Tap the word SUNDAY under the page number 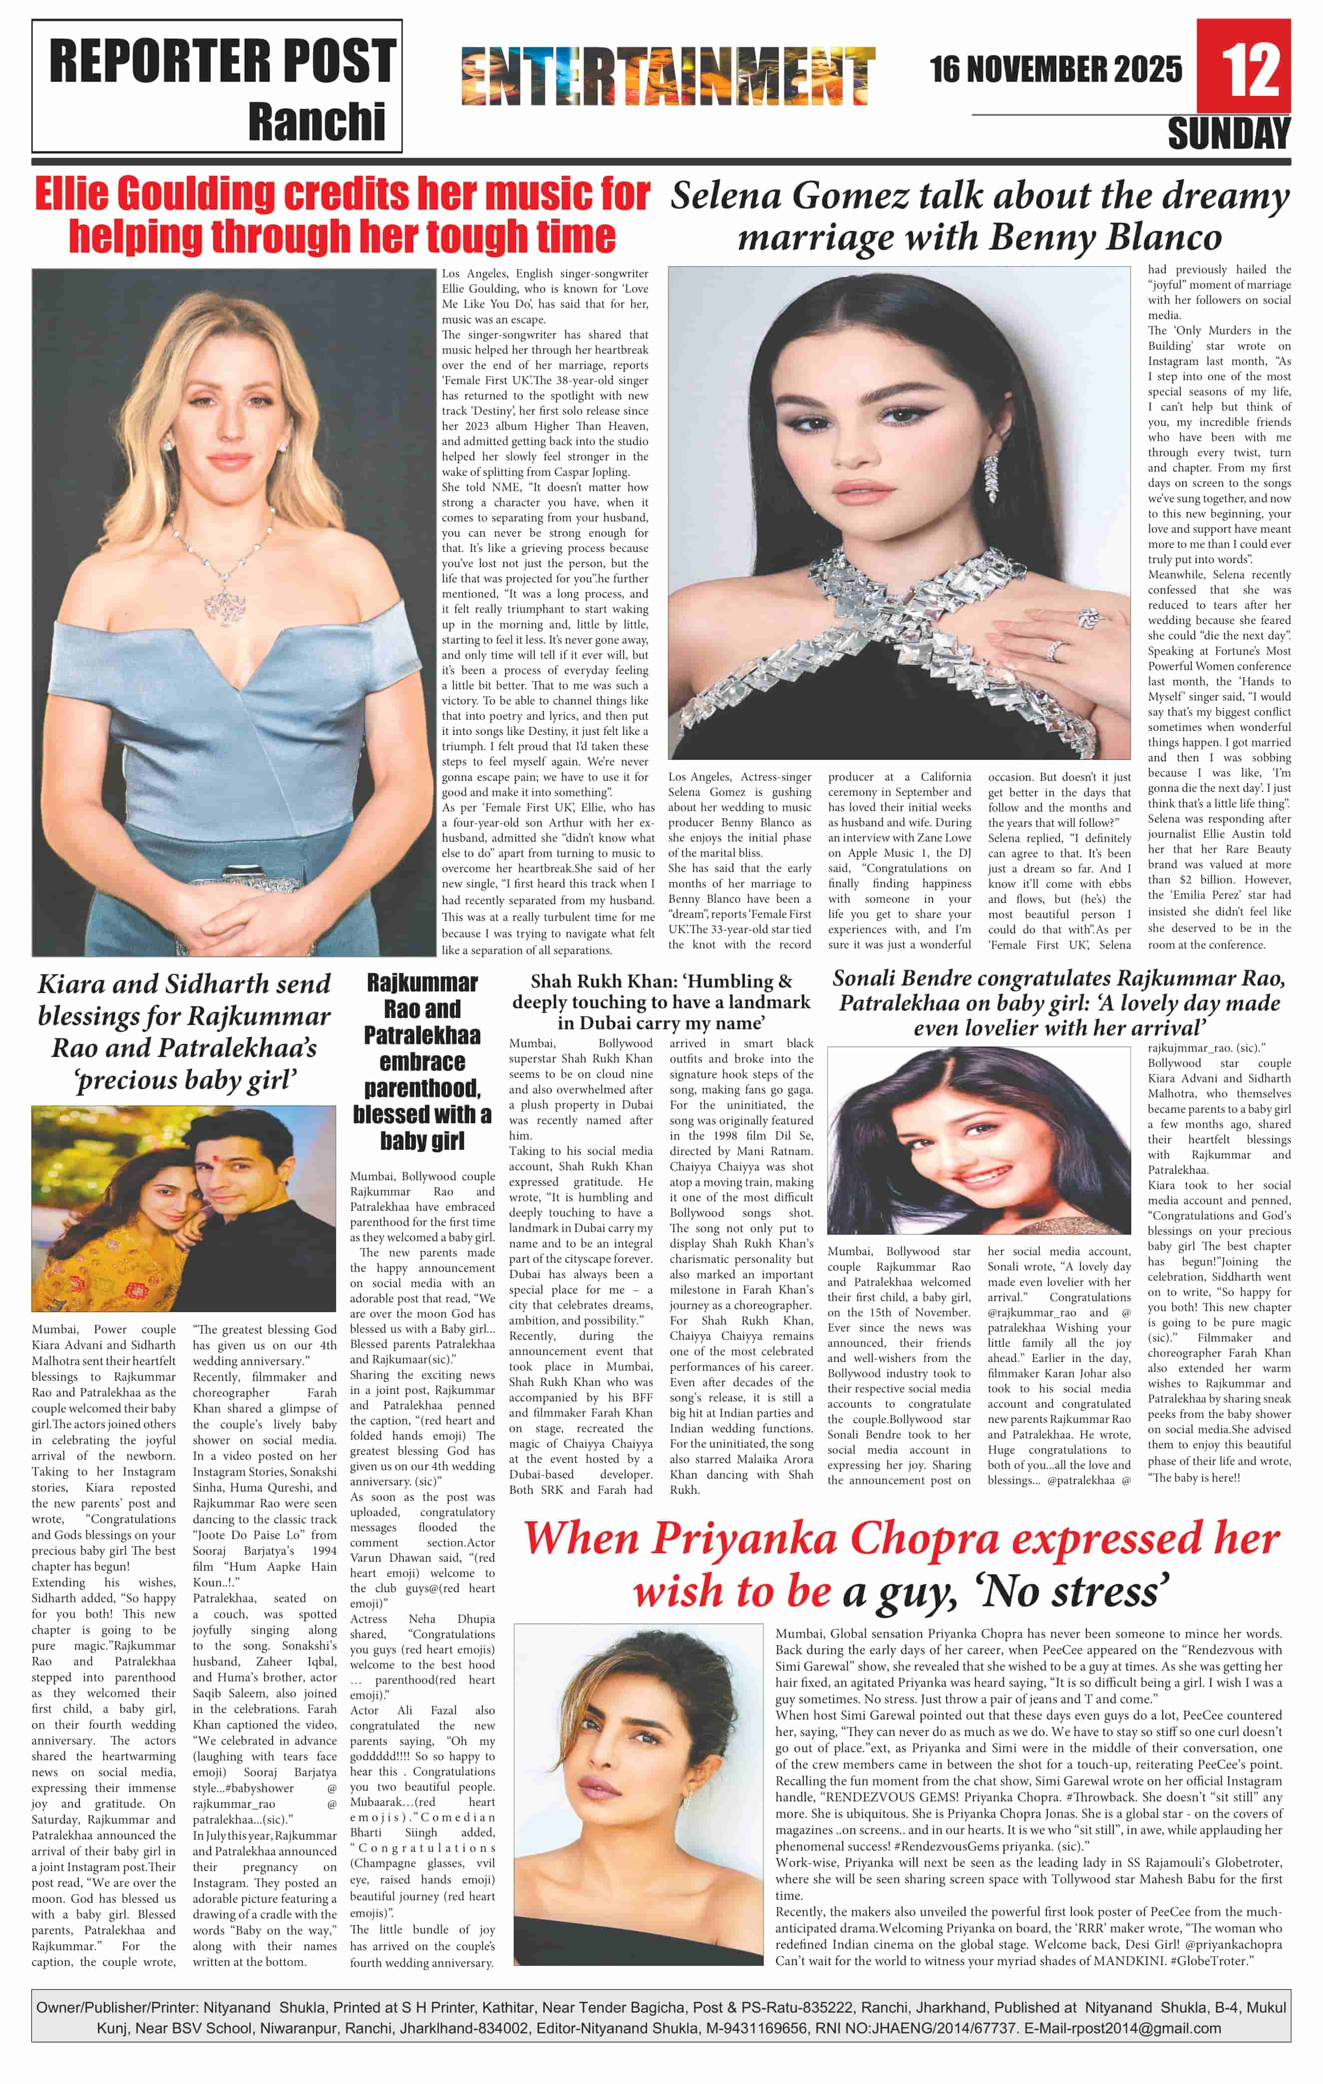click(1229, 134)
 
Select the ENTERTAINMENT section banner click(668, 76)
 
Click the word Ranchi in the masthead click(317, 122)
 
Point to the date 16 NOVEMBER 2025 click(1055, 69)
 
